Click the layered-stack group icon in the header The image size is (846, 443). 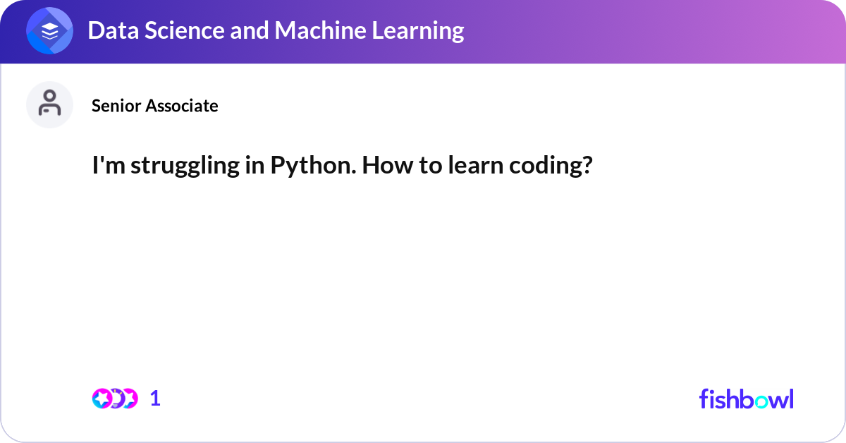[x=49, y=30]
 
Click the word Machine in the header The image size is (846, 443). [x=320, y=30]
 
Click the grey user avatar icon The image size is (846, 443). [x=49, y=104]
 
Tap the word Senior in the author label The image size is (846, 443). [x=116, y=105]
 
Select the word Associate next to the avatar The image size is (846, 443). [x=182, y=105]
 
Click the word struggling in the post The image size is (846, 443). [x=185, y=166]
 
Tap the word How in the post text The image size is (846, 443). [x=388, y=165]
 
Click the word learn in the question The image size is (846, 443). [x=475, y=165]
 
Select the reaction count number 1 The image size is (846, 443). [x=155, y=399]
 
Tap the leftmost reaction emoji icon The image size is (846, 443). [x=102, y=399]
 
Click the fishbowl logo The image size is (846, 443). [x=747, y=399]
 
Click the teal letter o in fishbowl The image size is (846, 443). [x=761, y=401]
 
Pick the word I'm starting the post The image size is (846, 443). [x=109, y=165]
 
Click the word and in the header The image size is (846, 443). [x=250, y=30]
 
